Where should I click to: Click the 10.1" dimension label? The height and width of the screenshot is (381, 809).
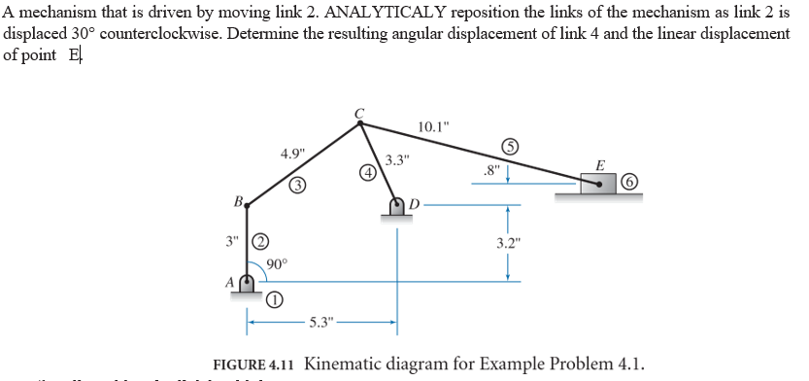(433, 127)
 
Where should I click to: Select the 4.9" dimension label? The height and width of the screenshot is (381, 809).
(292, 154)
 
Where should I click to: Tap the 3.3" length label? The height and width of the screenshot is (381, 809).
(398, 159)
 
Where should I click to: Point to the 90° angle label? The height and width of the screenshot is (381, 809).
(276, 263)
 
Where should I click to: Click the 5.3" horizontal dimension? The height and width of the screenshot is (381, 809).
(321, 321)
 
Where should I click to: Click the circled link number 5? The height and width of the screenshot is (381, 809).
(510, 148)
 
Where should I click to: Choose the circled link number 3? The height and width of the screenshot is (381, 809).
(299, 185)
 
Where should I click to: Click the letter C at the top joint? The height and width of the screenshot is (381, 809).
(359, 112)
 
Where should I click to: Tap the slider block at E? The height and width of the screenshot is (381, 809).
(599, 182)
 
